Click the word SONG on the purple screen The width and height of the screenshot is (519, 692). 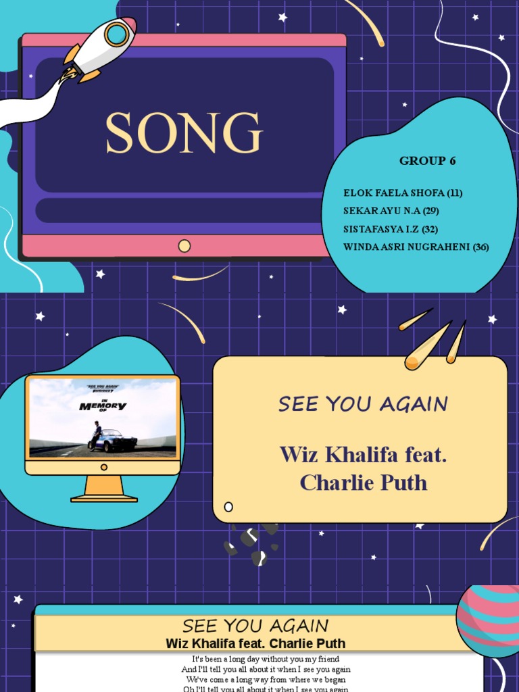(x=184, y=133)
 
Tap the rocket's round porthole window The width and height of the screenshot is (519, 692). (x=117, y=34)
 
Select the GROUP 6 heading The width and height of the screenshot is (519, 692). (x=427, y=161)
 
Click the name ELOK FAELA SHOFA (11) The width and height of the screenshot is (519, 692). (x=403, y=193)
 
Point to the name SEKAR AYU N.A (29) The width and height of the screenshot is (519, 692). (x=391, y=211)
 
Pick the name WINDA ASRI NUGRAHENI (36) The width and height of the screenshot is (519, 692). (x=416, y=247)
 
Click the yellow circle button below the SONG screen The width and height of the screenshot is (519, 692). (x=184, y=246)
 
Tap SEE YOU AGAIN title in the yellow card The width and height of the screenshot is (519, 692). (x=363, y=404)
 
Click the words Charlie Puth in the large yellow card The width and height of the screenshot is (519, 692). (x=363, y=483)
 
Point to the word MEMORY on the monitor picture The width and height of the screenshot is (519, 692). (x=103, y=406)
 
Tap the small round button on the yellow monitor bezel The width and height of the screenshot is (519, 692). (x=103, y=467)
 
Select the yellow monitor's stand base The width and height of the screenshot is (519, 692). (x=104, y=499)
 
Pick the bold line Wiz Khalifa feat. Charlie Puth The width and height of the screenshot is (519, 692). (x=255, y=643)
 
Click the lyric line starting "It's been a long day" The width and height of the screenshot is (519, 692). (x=266, y=659)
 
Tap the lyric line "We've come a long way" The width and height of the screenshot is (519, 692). (x=266, y=679)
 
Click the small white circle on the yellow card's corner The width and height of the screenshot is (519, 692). (x=228, y=507)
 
